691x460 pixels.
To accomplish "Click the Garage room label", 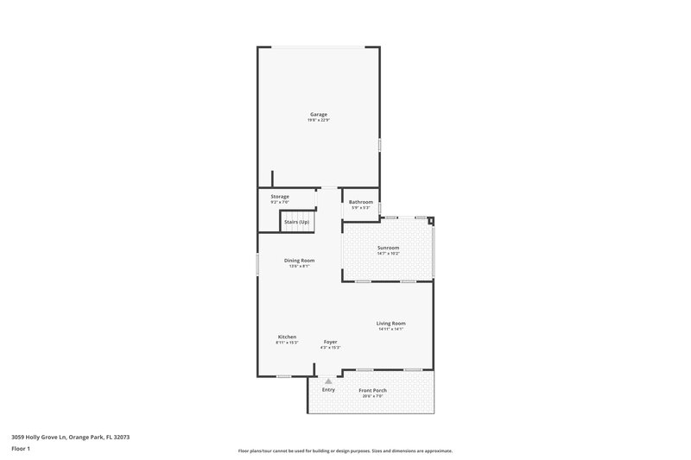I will pos(319,114).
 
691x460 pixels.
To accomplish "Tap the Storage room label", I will pos(280,196).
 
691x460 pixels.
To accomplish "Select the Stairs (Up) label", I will pos(296,222).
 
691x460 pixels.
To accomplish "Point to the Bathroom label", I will pos(361,202).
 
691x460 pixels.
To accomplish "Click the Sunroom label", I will pos(388,249).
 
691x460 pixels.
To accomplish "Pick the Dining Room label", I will pos(300,261).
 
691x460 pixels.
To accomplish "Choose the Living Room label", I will pos(391,323).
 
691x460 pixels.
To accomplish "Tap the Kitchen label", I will pos(287,337).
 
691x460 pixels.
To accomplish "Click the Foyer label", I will pos(330,342).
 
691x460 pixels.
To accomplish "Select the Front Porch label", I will pos(372,390).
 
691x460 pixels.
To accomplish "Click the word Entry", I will pos(328,390).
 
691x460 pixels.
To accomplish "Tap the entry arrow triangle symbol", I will pos(328,381).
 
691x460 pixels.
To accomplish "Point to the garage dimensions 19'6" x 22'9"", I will pos(319,120).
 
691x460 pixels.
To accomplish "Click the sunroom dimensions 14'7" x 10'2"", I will pos(388,255).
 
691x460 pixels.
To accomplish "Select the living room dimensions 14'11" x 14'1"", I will pos(391,329).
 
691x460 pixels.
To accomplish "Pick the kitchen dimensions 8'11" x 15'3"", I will pos(287,343).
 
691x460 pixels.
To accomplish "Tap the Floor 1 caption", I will pos(21,450).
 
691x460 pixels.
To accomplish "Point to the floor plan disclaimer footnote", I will pos(345,451).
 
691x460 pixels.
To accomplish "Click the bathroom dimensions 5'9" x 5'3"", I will pos(361,208).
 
